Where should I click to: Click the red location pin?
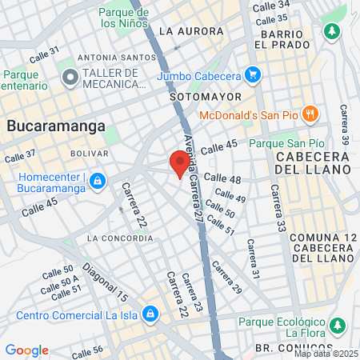coord(180,164)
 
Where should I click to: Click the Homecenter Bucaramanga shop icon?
coord(97,181)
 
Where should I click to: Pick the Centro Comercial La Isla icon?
coord(150,313)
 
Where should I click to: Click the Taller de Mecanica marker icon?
coord(70,78)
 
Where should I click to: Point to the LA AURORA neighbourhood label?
coord(191,31)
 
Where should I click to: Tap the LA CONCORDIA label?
coord(119,238)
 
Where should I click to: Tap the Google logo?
coord(26,350)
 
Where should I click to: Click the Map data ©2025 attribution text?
coord(326,354)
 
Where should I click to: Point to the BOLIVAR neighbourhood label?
coord(89,153)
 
